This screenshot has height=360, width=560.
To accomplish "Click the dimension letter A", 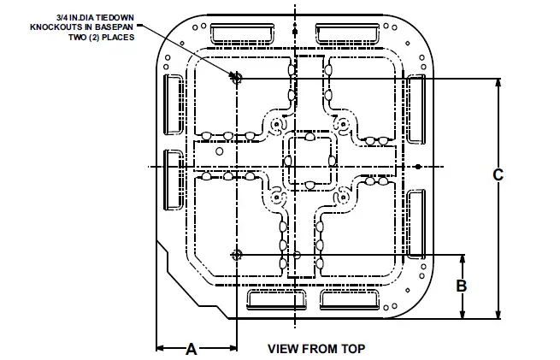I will coord(192,348).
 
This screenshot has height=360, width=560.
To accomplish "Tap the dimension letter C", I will coord(498,174).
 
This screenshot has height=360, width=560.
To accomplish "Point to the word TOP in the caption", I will coord(353,348).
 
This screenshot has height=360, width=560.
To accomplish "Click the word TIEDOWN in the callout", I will coord(113,16).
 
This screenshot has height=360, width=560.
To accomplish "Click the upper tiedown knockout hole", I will coord(237,78).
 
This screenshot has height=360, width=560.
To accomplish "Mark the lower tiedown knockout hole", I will coord(237,255).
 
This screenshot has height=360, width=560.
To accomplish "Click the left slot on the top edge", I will coord(240,34).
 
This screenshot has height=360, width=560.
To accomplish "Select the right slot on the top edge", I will coord(351,34).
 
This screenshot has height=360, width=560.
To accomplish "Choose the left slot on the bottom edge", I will coord(275,298).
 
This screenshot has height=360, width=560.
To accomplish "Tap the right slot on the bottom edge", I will coord(351,298).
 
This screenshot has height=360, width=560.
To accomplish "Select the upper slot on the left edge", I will coord(173,103).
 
